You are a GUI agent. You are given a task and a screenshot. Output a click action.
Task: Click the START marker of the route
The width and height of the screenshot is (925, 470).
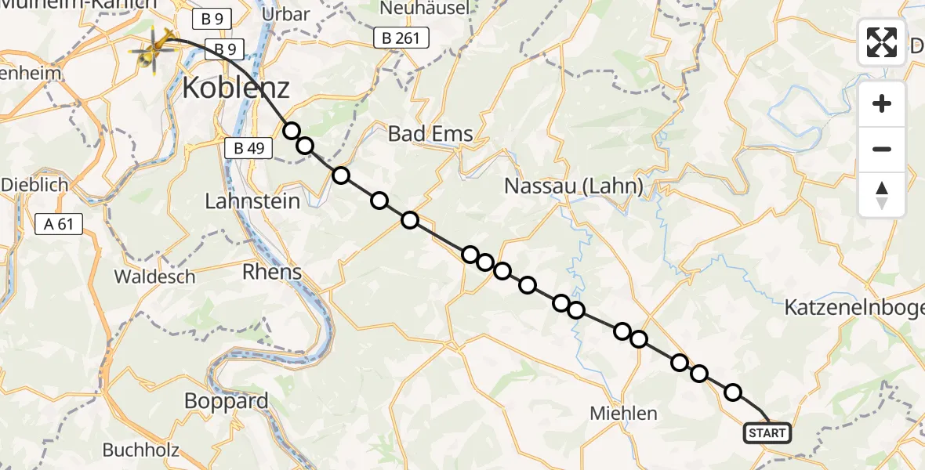coord(767,433)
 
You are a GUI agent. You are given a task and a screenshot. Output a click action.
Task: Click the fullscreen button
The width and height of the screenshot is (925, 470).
coord(882,42)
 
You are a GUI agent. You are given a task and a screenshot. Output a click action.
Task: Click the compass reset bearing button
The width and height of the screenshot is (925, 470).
coord(882,195)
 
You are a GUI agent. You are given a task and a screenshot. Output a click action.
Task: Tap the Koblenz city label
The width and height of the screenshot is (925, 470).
coord(235,88)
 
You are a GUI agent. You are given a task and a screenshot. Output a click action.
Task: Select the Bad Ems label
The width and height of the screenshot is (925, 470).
coord(431,134)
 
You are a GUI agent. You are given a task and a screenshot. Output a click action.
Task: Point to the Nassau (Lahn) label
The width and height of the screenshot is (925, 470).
coord(574,186)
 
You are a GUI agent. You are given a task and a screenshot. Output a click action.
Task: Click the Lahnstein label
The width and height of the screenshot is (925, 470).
coord(252,201)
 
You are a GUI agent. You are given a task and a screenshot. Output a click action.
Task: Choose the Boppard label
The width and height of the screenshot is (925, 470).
coord(226,401)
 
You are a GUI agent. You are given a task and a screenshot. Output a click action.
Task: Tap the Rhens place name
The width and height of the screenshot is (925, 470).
coord(273,272)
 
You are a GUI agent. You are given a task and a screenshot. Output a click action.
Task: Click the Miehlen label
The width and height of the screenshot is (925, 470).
coord(624,414)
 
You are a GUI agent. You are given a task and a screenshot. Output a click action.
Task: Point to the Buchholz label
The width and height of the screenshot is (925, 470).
coord(141,450)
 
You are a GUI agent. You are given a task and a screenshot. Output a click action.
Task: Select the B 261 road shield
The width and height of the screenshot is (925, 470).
coord(401,37)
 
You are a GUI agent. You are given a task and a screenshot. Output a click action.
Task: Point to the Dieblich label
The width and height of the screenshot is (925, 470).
coord(34,186)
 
